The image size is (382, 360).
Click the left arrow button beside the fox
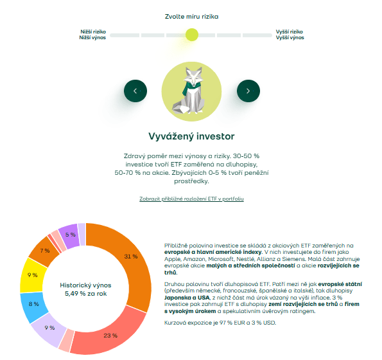pyautogui.click(x=135, y=91)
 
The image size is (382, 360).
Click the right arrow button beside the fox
pyautogui.click(x=248, y=91)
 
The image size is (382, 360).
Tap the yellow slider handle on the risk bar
pyautogui.click(x=191, y=35)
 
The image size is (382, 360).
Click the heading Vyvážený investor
pyautogui.click(x=191, y=136)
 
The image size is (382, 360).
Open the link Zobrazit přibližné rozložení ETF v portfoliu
pyautogui.click(x=191, y=199)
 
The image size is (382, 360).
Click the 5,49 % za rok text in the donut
pyautogui.click(x=86, y=293)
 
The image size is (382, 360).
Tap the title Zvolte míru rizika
pyautogui.click(x=191, y=16)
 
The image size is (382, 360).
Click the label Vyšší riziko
pyautogui.click(x=289, y=31)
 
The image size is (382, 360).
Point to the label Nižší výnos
pyautogui.click(x=92, y=38)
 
